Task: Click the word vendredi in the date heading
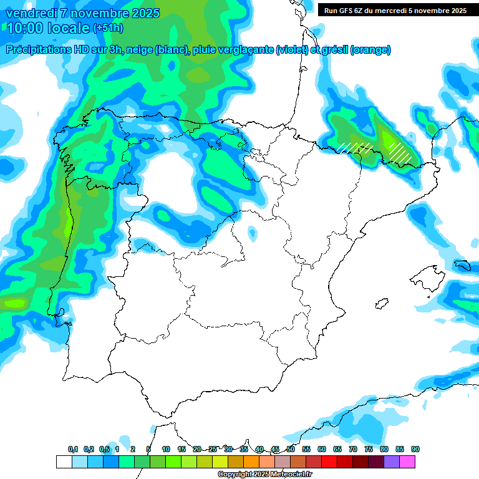click(x=29, y=13)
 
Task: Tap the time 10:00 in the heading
click(x=23, y=28)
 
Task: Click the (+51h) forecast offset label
click(x=108, y=29)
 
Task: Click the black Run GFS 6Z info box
click(x=395, y=10)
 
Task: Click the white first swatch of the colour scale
click(x=64, y=462)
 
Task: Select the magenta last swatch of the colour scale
click(x=407, y=462)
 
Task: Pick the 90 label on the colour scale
click(x=415, y=449)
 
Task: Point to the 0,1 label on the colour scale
click(x=73, y=449)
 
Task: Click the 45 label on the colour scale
click(x=275, y=449)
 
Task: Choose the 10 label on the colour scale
click(x=166, y=449)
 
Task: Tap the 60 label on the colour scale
click(x=322, y=449)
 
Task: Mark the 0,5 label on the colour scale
click(x=104, y=449)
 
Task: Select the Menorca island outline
click(x=462, y=264)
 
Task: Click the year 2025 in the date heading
click(x=143, y=13)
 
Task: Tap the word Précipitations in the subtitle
click(x=38, y=50)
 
